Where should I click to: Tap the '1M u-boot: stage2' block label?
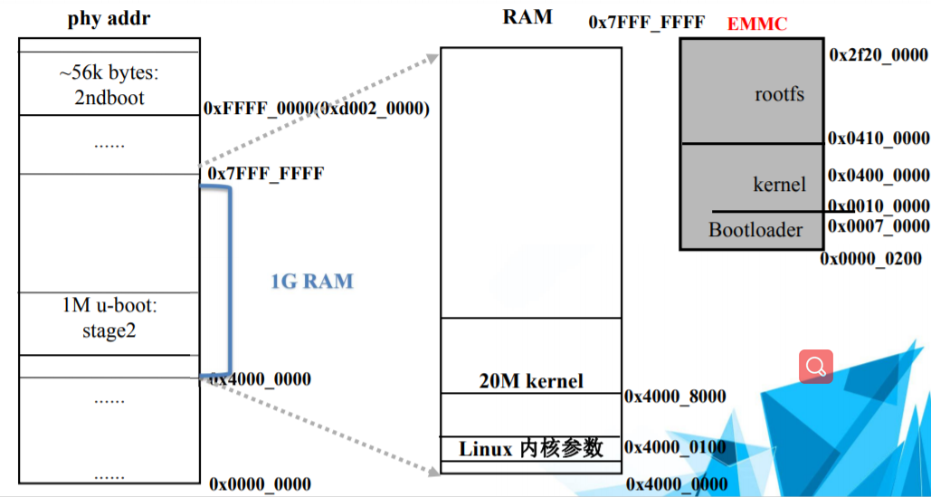pyautogui.click(x=108, y=319)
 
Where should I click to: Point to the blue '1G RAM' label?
pyautogui.click(x=312, y=282)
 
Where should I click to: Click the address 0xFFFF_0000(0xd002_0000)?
pyautogui.click(x=317, y=109)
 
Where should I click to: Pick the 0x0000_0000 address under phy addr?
pyautogui.click(x=260, y=484)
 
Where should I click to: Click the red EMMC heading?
pyautogui.click(x=757, y=24)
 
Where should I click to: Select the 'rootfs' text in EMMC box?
pyautogui.click(x=779, y=94)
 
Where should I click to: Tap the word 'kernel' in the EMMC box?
pyautogui.click(x=779, y=184)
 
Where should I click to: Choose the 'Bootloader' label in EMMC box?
pyautogui.click(x=755, y=230)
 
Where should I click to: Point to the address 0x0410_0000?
pyautogui.click(x=879, y=139)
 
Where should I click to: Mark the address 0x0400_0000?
pyautogui.click(x=879, y=176)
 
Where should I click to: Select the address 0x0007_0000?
pyautogui.click(x=879, y=226)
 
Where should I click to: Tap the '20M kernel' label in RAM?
pyautogui.click(x=531, y=381)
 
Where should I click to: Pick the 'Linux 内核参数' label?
pyautogui.click(x=531, y=448)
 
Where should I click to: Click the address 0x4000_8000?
pyautogui.click(x=675, y=397)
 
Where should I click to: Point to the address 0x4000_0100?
pyautogui.click(x=675, y=447)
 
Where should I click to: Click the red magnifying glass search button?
pyautogui.click(x=816, y=367)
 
